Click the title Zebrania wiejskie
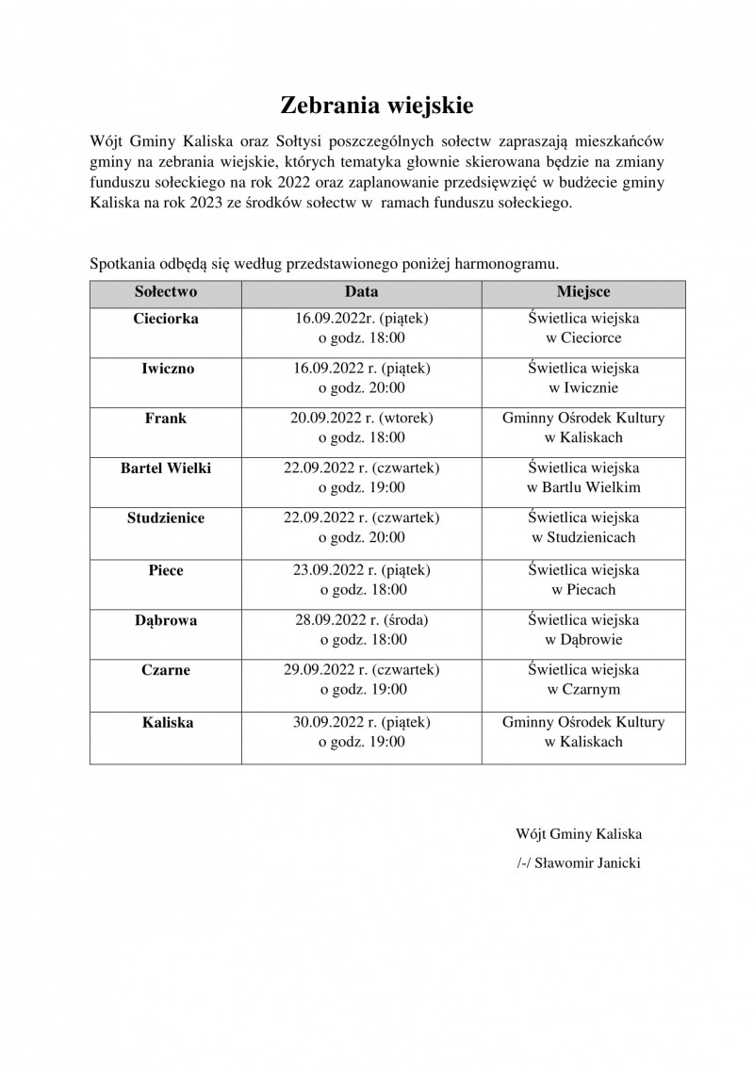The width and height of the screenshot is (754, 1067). tap(376, 104)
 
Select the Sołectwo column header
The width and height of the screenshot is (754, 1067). tap(166, 292)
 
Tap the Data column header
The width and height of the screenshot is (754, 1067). tap(361, 292)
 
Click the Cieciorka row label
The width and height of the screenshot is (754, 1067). tap(166, 319)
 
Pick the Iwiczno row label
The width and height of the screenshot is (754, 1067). tap(166, 369)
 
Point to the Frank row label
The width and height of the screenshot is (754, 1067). tap(166, 419)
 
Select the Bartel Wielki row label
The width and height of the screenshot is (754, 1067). tap(166, 468)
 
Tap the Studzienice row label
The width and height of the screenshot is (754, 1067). tap(166, 517)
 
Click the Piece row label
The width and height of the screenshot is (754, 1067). tap(166, 570)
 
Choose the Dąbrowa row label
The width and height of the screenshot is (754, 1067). tap(166, 620)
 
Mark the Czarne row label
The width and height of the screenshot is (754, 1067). tap(166, 670)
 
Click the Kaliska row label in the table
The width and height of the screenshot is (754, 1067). tap(166, 722)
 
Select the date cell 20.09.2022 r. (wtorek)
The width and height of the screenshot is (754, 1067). tap(361, 428)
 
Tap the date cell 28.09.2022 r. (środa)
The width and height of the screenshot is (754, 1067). tap(361, 630)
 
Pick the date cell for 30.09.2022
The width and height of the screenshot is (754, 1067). tap(361, 731)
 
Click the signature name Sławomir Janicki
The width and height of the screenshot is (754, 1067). tap(587, 863)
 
